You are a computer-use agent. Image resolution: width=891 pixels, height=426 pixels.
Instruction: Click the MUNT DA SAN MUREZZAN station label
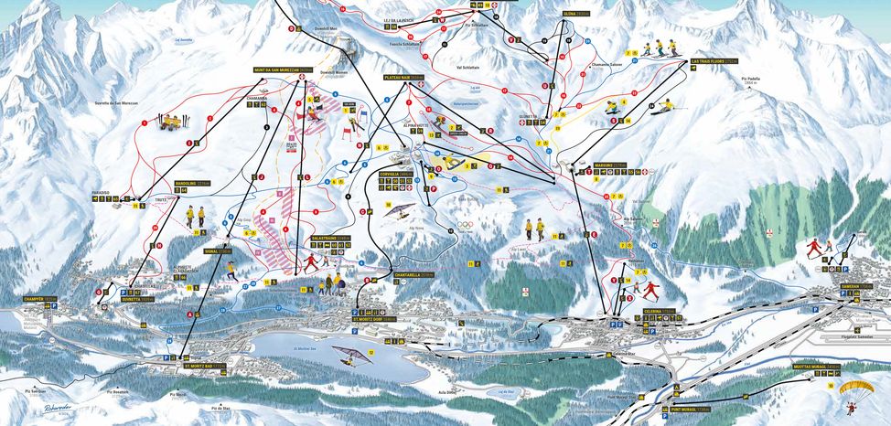point(284,69)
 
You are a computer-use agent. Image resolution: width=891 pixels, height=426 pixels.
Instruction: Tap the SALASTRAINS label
point(331,238)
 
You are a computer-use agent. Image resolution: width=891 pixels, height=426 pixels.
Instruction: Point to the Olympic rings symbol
point(467,225)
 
